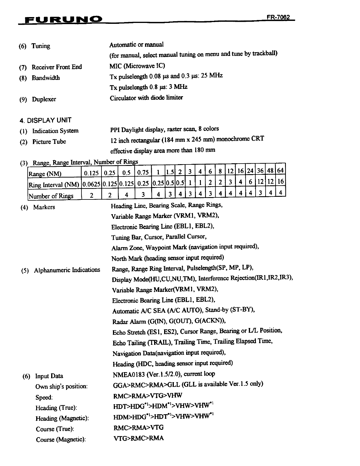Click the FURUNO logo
coord(64,20)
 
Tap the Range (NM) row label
coord(45,174)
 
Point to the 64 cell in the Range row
coord(281,171)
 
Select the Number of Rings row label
coord(51,196)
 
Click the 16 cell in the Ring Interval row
coord(281,182)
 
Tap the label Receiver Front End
coord(56,67)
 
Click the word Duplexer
coord(44,99)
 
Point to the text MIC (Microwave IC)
coord(137,66)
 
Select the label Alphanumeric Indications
coord(67,270)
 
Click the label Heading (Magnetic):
coord(62,418)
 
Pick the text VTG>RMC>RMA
coord(138,438)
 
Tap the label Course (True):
coord(55,429)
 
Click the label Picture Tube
coord(49,142)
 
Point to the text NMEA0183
coord(129,375)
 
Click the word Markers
coord(44,207)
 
